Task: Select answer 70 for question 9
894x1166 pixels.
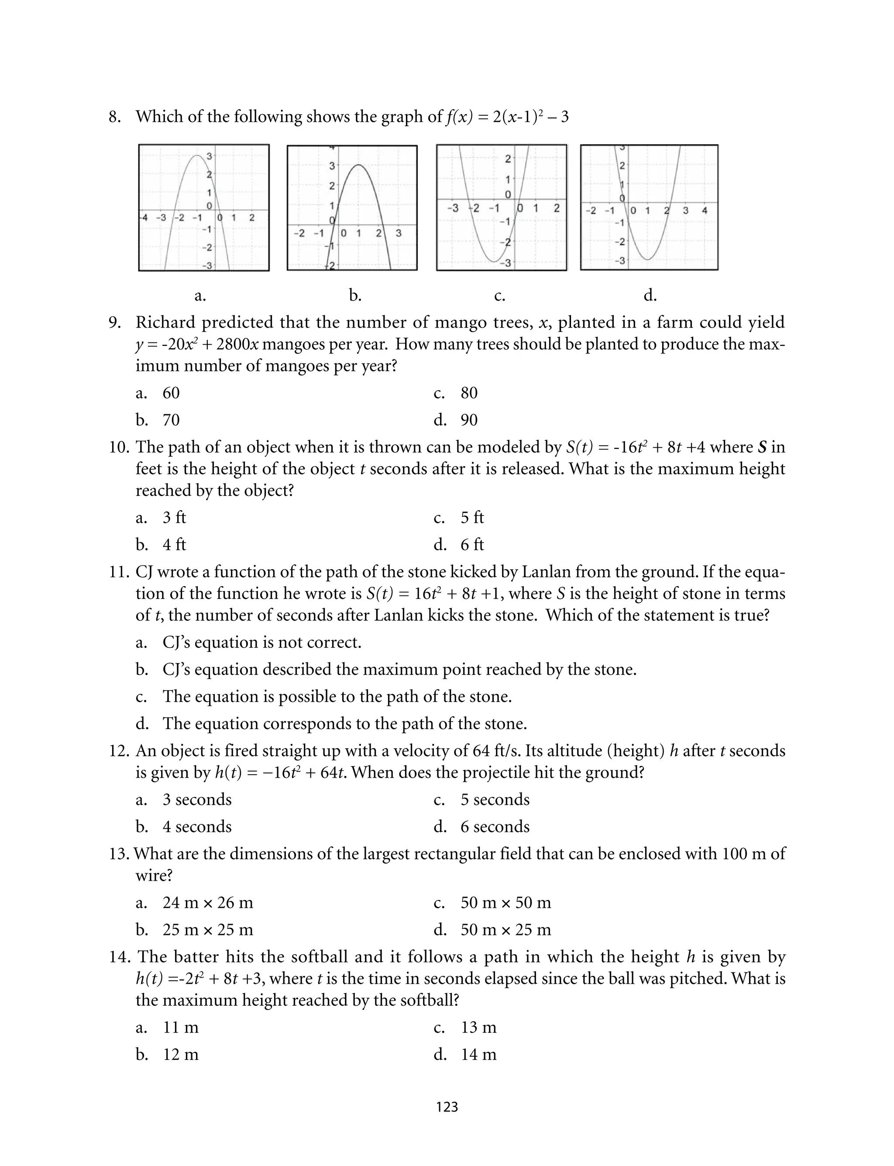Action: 171,420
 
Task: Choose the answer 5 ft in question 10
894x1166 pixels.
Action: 472,518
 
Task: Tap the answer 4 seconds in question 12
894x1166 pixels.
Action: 197,827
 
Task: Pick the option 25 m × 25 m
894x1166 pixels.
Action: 207,930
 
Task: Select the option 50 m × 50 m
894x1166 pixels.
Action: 505,903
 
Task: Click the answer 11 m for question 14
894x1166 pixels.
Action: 180,1027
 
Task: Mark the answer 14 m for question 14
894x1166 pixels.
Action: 478,1054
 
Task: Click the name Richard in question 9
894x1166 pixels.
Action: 165,322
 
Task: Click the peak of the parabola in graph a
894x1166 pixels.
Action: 197,156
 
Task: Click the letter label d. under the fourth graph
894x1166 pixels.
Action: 650,295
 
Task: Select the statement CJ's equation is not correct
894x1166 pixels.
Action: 262,642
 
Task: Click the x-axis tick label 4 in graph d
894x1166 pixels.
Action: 705,210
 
